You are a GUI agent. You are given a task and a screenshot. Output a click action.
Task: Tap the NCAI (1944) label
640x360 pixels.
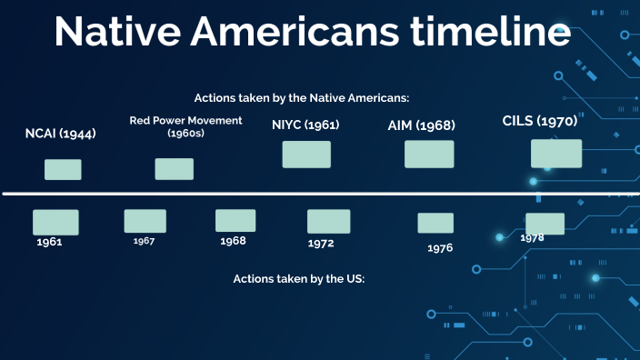pyautogui.click(x=61, y=134)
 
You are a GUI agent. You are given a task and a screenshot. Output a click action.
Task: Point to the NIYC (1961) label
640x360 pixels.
pyautogui.click(x=305, y=125)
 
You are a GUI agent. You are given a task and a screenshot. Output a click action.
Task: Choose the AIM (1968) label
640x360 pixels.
pyautogui.click(x=422, y=125)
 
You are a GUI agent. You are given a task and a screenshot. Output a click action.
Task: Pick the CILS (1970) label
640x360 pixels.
pyautogui.click(x=540, y=121)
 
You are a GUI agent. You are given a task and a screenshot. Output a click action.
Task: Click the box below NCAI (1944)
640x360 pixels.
pyautogui.click(x=63, y=169)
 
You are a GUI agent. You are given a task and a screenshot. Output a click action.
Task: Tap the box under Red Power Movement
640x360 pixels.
pyautogui.click(x=174, y=168)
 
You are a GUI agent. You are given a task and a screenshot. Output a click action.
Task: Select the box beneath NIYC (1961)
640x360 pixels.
pyautogui.click(x=306, y=155)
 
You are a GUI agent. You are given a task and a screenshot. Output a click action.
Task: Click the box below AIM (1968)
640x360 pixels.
pyautogui.click(x=429, y=155)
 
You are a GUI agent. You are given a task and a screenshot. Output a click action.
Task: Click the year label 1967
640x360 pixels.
pyautogui.click(x=144, y=241)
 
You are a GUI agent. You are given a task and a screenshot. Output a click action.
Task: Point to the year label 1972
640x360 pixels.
pyautogui.click(x=321, y=244)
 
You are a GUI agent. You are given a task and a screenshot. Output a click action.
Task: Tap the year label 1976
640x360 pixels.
pyautogui.click(x=440, y=247)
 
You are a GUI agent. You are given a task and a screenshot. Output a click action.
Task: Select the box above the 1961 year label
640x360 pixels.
pyautogui.click(x=55, y=222)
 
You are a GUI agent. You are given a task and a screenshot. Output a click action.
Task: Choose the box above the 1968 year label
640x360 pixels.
pyautogui.click(x=235, y=220)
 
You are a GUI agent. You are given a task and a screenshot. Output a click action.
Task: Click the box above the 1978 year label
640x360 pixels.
pyautogui.click(x=545, y=224)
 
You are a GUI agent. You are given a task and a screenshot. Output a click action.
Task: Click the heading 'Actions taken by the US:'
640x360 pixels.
pyautogui.click(x=299, y=279)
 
